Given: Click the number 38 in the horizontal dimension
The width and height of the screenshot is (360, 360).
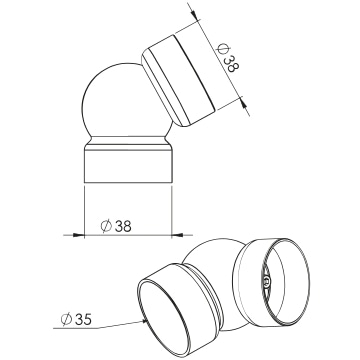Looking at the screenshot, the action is [123, 226].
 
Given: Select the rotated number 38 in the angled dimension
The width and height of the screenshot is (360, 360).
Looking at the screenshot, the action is [231, 64].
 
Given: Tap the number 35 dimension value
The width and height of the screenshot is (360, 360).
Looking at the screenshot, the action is [83, 320].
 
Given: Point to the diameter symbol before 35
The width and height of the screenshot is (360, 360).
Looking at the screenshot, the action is [66, 320].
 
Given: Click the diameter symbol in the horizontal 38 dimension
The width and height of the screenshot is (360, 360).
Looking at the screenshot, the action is [106, 226].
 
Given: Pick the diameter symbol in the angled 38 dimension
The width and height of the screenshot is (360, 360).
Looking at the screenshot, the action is [221, 49].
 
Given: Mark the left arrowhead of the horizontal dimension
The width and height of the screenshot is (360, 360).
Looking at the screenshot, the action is [79, 235].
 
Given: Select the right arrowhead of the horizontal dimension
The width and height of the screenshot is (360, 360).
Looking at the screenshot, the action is [177, 235].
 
